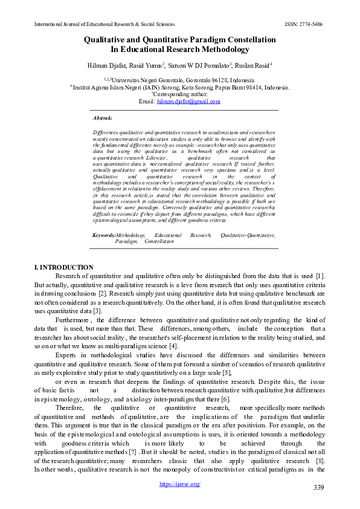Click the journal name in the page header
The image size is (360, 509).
tap(100, 25)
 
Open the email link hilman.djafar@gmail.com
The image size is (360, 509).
tap(188, 102)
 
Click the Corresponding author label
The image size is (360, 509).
tap(180, 95)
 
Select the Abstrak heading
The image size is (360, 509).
tap(103, 118)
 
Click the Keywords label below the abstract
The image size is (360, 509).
tap(103, 235)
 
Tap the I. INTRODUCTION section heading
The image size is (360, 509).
tap(64, 267)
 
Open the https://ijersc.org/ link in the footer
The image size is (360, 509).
tap(180, 484)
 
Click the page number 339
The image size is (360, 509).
tap(320, 487)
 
